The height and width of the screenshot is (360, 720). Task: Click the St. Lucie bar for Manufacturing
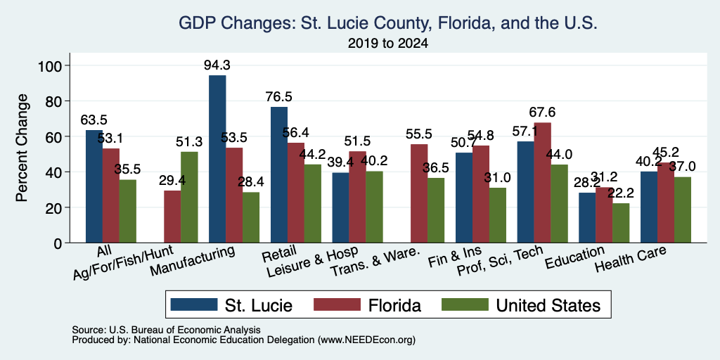[x=217, y=159]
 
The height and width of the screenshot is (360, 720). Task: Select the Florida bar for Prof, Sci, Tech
[x=543, y=183]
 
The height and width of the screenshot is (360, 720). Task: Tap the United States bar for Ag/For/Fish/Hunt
[x=189, y=198]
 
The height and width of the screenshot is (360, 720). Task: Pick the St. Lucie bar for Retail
[x=279, y=175]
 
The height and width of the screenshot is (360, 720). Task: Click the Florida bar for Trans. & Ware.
[x=419, y=193]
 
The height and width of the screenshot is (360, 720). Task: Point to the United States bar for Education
[x=621, y=223]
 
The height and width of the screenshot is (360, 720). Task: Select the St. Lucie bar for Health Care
[x=649, y=207]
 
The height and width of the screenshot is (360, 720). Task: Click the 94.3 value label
[x=217, y=65]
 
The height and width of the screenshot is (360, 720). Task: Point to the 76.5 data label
[x=278, y=97]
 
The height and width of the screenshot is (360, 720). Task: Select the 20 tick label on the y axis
[x=53, y=207]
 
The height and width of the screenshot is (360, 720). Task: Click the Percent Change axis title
[x=22, y=148]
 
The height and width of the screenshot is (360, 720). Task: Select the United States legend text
[x=548, y=305]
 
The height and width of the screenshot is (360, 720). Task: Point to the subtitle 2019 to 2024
[x=388, y=44]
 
